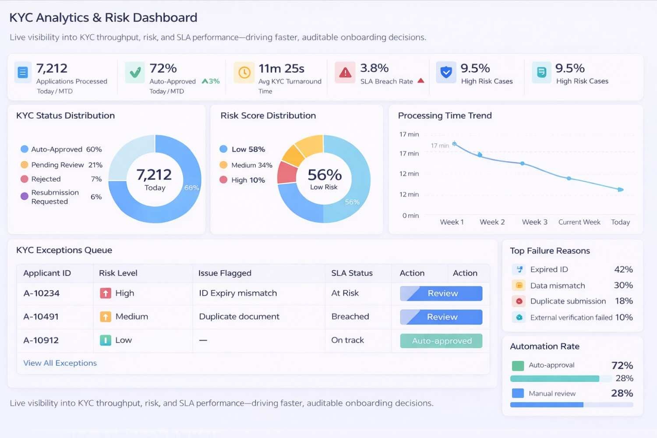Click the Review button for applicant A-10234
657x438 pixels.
point(441,293)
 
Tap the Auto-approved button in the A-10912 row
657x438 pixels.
point(441,341)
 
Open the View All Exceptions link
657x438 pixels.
point(60,363)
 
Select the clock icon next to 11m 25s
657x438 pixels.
point(244,73)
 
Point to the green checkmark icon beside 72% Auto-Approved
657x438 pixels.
point(135,73)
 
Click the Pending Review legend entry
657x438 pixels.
point(57,165)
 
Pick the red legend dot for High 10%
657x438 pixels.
point(223,180)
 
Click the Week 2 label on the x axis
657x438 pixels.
point(492,222)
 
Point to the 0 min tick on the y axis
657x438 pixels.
point(410,215)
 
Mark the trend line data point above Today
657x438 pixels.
point(620,190)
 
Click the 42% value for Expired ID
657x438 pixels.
point(623,269)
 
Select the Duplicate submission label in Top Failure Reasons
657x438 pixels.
point(568,301)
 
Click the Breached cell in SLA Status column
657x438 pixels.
point(350,317)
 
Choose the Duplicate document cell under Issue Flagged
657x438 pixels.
point(239,317)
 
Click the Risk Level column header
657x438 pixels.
point(118,273)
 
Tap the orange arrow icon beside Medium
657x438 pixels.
point(106,317)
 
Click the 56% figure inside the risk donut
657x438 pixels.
point(324,175)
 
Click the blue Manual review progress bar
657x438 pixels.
point(547,405)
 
